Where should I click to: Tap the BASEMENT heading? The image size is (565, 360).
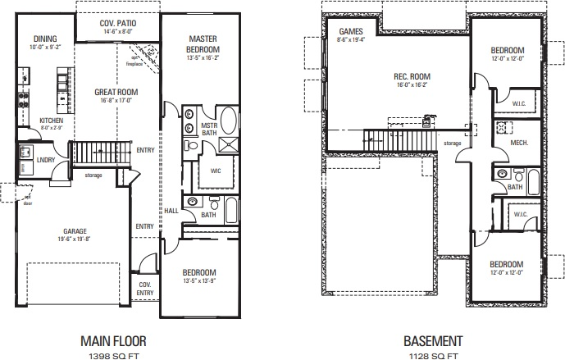433,339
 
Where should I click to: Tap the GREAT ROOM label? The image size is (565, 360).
114,93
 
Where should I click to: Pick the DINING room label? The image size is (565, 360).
45,39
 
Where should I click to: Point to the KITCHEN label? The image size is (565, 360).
52,120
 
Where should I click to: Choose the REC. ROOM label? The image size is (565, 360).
411,77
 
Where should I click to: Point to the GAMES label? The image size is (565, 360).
351,31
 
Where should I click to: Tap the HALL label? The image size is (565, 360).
171,211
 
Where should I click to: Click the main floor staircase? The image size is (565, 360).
103,153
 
